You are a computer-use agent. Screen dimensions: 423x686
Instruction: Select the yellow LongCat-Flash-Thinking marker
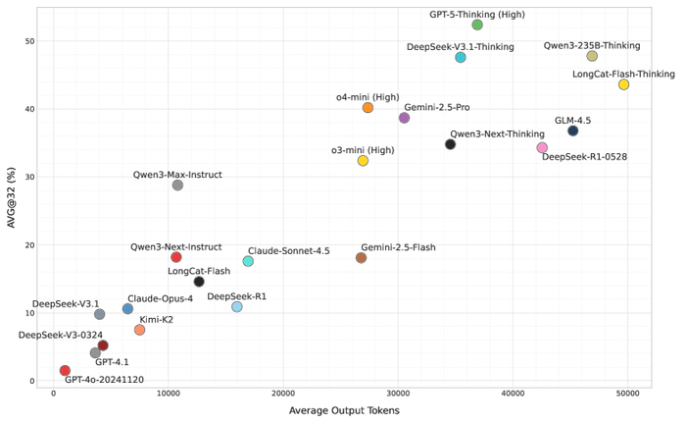(x=623, y=84)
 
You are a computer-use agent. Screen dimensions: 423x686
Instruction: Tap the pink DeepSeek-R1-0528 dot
(x=542, y=148)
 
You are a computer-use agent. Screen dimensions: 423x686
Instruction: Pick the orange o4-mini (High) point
(x=367, y=108)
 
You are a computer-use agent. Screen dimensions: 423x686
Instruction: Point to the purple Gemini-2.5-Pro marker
(x=404, y=118)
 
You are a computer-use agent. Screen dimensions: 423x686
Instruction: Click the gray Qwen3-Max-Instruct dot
(x=177, y=185)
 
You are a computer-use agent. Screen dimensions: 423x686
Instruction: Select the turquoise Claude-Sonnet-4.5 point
(x=248, y=261)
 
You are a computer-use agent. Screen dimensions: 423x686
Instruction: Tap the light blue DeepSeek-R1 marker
(x=236, y=307)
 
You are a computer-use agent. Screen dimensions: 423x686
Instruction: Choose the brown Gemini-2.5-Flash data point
(x=361, y=258)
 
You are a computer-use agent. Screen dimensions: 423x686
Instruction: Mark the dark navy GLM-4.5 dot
(x=572, y=131)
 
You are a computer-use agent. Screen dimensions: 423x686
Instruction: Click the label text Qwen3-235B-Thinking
(x=592, y=45)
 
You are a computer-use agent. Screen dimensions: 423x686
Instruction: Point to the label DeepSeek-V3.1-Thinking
(x=459, y=46)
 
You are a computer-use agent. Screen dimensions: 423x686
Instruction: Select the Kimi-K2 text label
(x=156, y=319)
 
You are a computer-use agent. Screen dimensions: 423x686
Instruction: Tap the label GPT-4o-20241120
(x=104, y=380)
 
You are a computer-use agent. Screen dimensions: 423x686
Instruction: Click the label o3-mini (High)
(x=363, y=149)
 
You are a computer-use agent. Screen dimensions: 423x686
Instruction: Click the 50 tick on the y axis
(x=29, y=41)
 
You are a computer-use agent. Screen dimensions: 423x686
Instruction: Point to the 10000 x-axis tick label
(x=169, y=394)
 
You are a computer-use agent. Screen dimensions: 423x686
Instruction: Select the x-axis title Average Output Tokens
(x=344, y=410)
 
